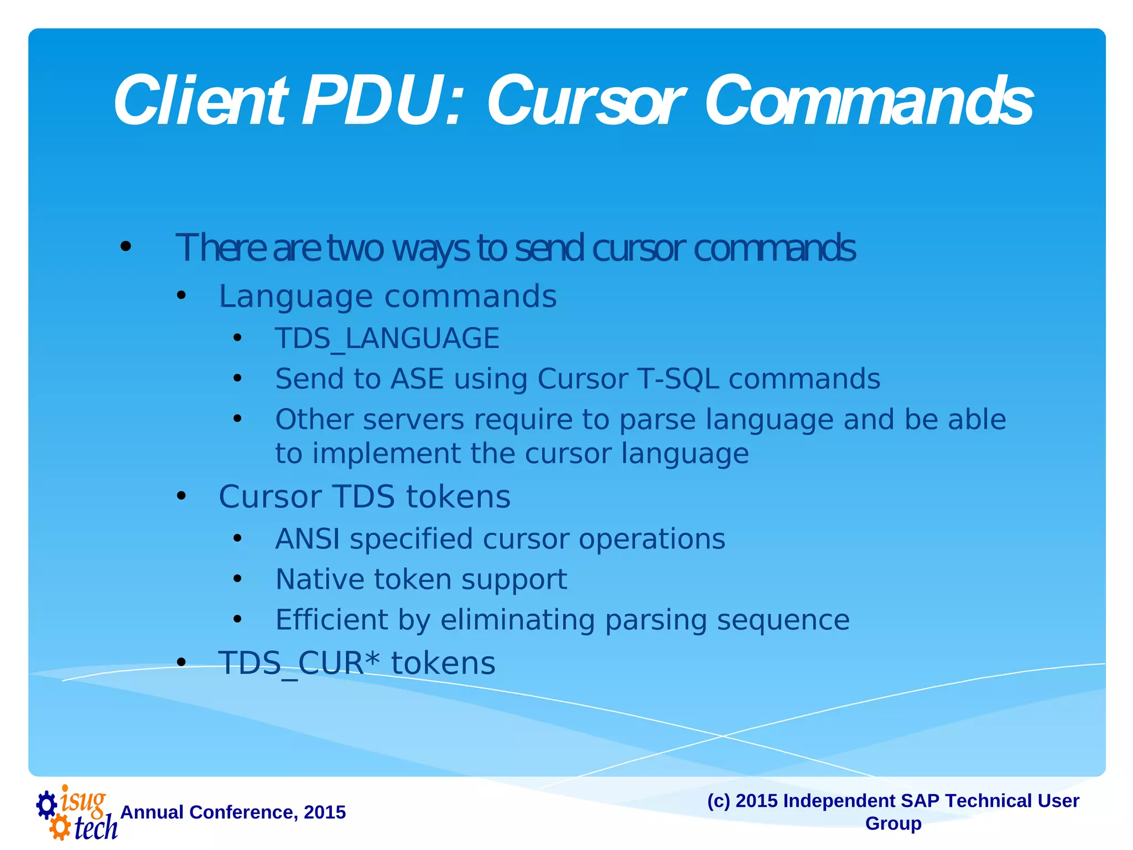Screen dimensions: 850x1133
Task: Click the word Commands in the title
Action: click(x=869, y=101)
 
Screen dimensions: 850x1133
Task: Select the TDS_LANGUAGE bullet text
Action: click(x=387, y=338)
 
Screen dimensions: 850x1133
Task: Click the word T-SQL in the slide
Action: click(x=678, y=379)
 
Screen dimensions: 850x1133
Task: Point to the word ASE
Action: click(x=417, y=379)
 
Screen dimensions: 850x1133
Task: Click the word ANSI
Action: click(x=308, y=539)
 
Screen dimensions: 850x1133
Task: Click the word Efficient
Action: click(x=331, y=620)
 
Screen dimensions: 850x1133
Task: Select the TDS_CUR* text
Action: click(x=299, y=663)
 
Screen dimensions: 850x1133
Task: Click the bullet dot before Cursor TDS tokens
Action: click(x=181, y=496)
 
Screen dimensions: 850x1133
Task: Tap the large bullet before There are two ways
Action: click(x=126, y=246)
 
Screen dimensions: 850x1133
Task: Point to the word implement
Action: click(x=386, y=454)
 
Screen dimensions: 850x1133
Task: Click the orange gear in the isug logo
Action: click(x=59, y=828)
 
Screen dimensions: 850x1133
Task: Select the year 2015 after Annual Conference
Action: click(x=325, y=812)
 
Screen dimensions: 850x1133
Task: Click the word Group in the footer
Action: click(x=893, y=823)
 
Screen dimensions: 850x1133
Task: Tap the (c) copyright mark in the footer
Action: click(x=719, y=801)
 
